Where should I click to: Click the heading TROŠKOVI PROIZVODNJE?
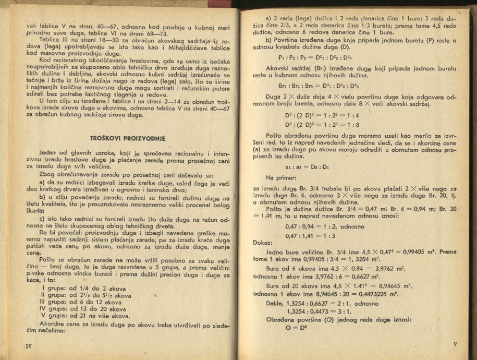click(x=128, y=138)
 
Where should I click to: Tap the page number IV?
click(x=29, y=345)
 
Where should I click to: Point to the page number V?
click(x=455, y=344)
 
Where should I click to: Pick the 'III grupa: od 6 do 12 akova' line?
click(x=86, y=302)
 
